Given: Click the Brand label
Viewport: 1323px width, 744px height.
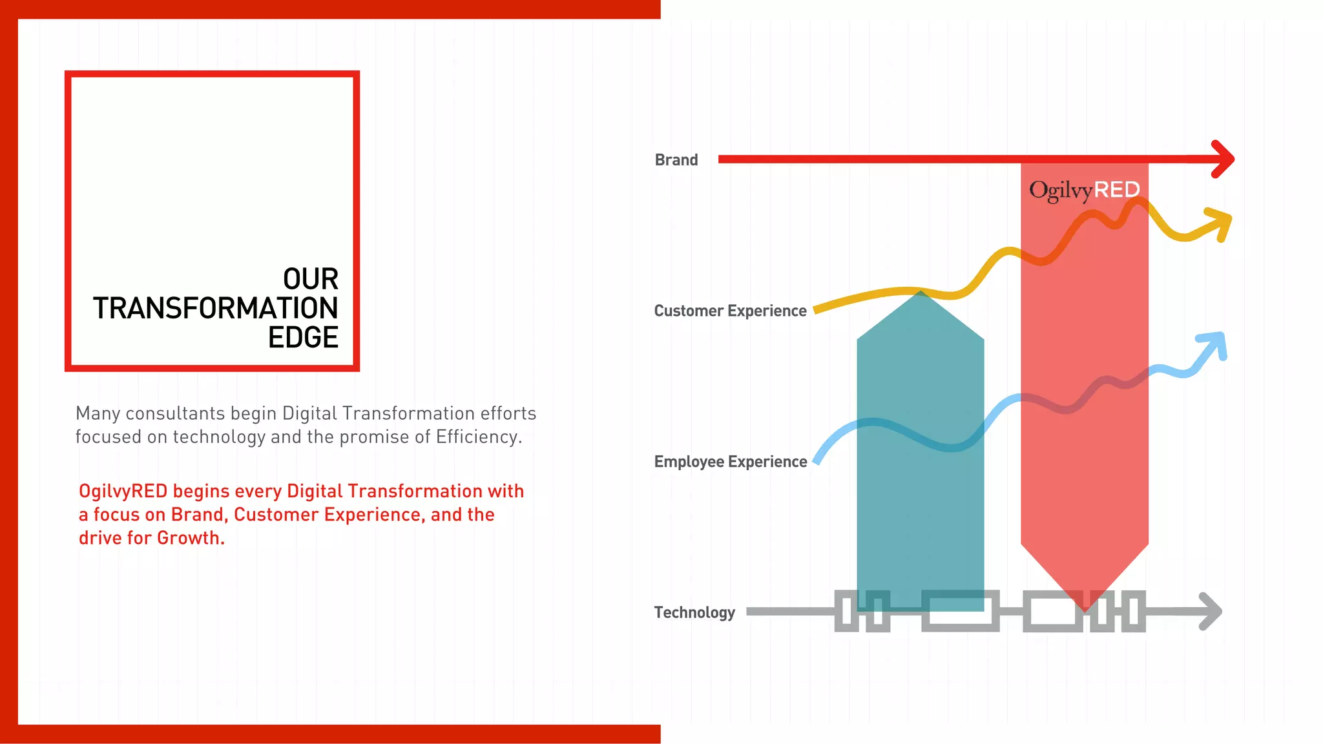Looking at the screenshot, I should (676, 160).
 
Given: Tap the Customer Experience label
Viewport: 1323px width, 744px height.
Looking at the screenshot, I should (730, 311).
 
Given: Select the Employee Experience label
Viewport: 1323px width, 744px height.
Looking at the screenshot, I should (730, 462).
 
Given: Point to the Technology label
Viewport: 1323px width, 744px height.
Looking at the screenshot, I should (694, 612).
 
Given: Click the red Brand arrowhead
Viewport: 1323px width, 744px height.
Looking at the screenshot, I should (1223, 159).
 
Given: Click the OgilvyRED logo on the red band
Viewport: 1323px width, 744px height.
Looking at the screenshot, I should (1084, 190).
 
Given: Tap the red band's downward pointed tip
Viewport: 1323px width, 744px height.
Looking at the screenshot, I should (1085, 604).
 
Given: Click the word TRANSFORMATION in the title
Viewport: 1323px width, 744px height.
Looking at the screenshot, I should (215, 308).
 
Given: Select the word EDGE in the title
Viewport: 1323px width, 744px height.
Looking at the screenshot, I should (303, 337).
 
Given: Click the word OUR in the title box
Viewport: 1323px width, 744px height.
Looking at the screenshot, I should (310, 278).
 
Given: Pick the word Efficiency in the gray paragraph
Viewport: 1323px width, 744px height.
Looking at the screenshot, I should (478, 437).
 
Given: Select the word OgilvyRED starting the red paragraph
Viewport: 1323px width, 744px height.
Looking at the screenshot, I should (123, 491).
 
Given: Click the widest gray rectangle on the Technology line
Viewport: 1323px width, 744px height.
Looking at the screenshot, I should (960, 611).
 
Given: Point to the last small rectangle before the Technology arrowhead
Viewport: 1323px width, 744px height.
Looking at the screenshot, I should (1133, 611).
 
